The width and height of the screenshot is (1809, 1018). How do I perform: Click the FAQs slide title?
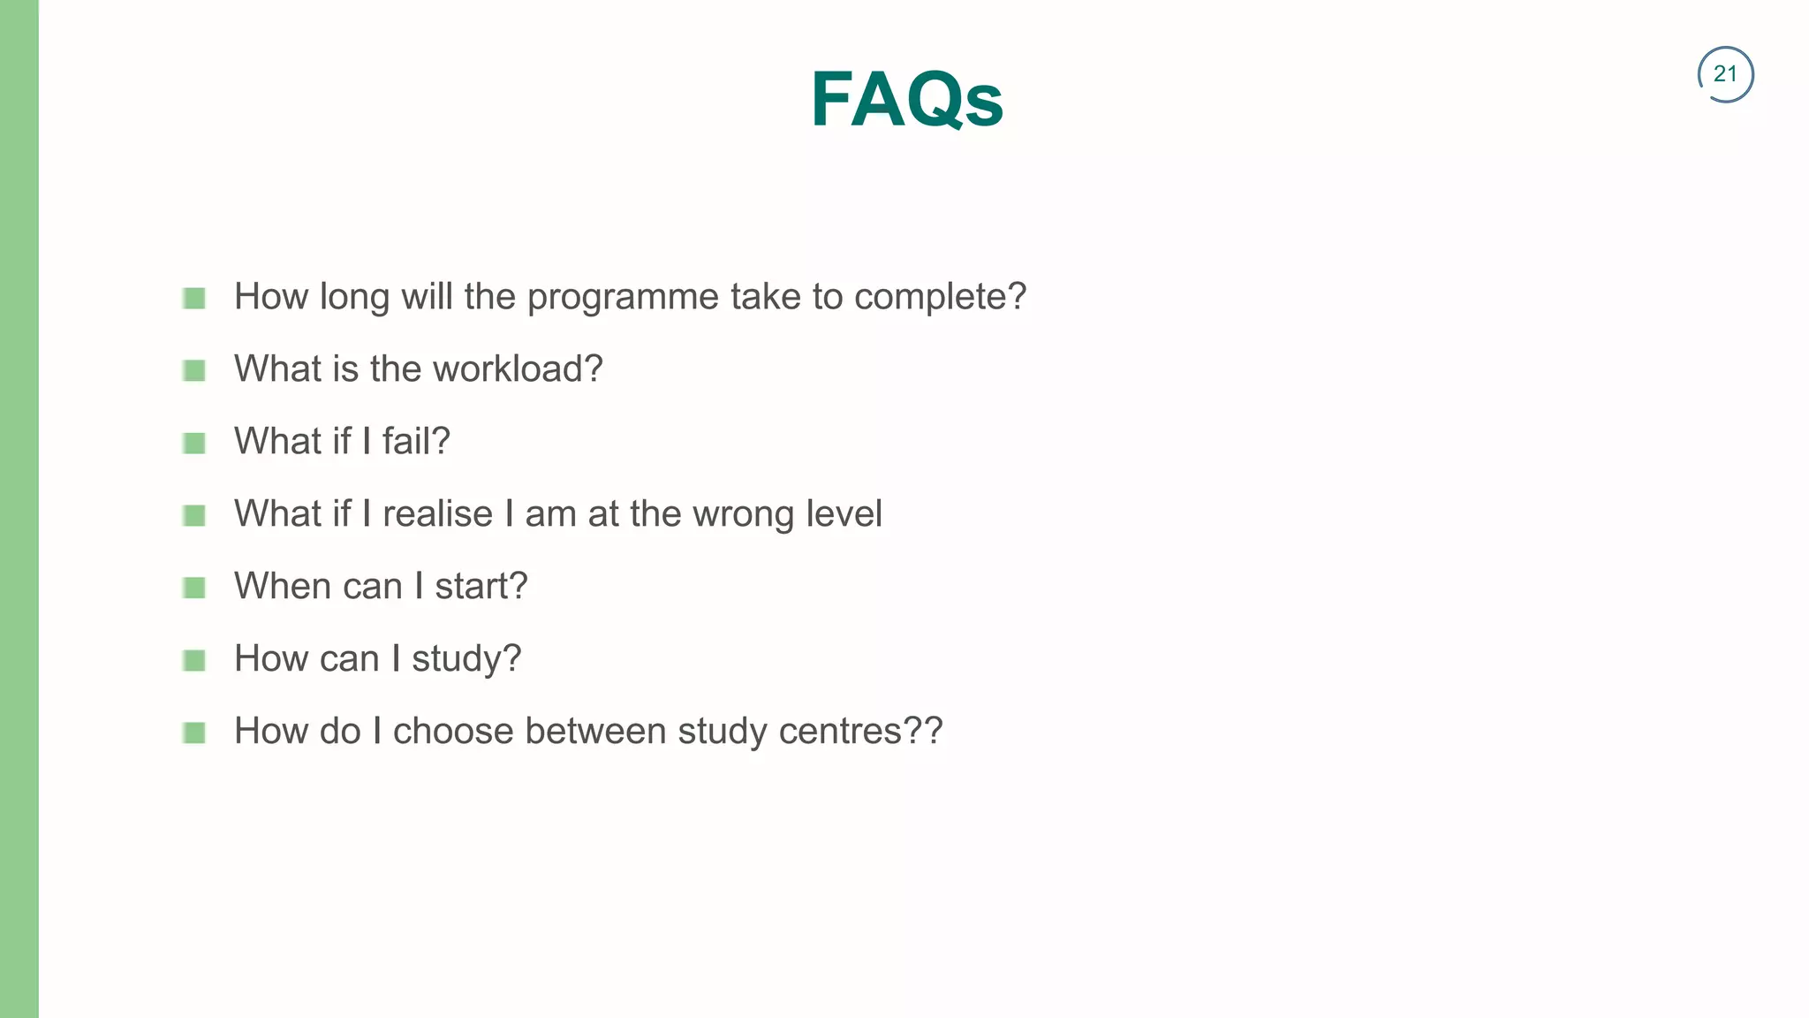pyautogui.click(x=906, y=100)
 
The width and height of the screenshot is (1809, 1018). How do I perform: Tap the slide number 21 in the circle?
pyautogui.click(x=1725, y=74)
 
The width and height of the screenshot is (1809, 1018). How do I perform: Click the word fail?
pyautogui.click(x=416, y=441)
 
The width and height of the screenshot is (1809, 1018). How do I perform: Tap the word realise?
pyautogui.click(x=437, y=514)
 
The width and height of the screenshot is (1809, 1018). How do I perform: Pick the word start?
pyautogui.click(x=481, y=587)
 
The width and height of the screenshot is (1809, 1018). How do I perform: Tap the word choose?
pyautogui.click(x=453, y=732)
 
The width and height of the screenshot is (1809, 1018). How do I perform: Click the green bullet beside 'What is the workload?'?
pyautogui.click(x=194, y=370)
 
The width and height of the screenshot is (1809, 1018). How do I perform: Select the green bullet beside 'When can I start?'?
pyautogui.click(x=194, y=588)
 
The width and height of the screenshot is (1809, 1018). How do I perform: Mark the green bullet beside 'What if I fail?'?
pyautogui.click(x=194, y=443)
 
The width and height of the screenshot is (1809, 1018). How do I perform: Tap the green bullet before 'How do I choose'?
pyautogui.click(x=194, y=733)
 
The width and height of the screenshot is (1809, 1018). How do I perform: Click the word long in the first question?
pyautogui.click(x=354, y=298)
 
